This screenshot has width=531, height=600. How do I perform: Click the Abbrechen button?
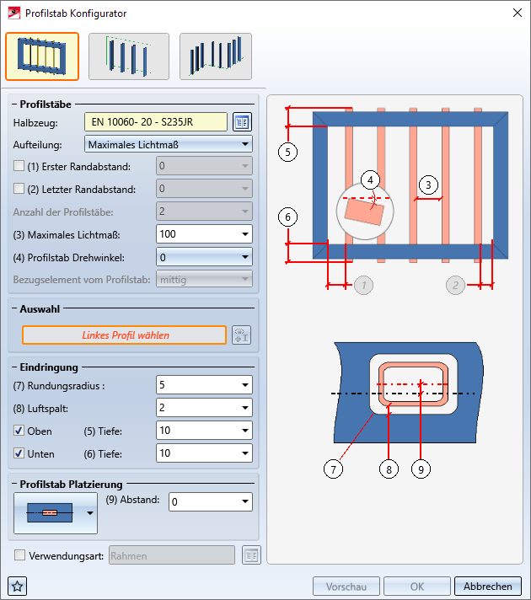[x=487, y=587]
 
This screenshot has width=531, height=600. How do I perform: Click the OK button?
[x=416, y=587]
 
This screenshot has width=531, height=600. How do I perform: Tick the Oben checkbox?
[x=19, y=431]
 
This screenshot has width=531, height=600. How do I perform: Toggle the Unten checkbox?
[x=19, y=453]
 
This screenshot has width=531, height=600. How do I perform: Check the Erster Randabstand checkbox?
[x=19, y=166]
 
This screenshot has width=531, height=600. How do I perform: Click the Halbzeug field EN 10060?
[x=156, y=122]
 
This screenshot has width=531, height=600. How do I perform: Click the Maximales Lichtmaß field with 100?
[x=197, y=233]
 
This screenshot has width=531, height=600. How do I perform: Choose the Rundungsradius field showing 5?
[x=197, y=385]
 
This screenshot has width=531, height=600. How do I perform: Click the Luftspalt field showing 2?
[x=197, y=408]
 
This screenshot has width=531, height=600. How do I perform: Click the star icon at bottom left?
[x=16, y=587]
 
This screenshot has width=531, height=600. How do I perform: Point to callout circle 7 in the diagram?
[x=335, y=469]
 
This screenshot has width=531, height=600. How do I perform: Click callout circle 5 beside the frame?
[x=287, y=152]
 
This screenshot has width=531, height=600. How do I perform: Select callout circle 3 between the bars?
[x=428, y=185]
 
